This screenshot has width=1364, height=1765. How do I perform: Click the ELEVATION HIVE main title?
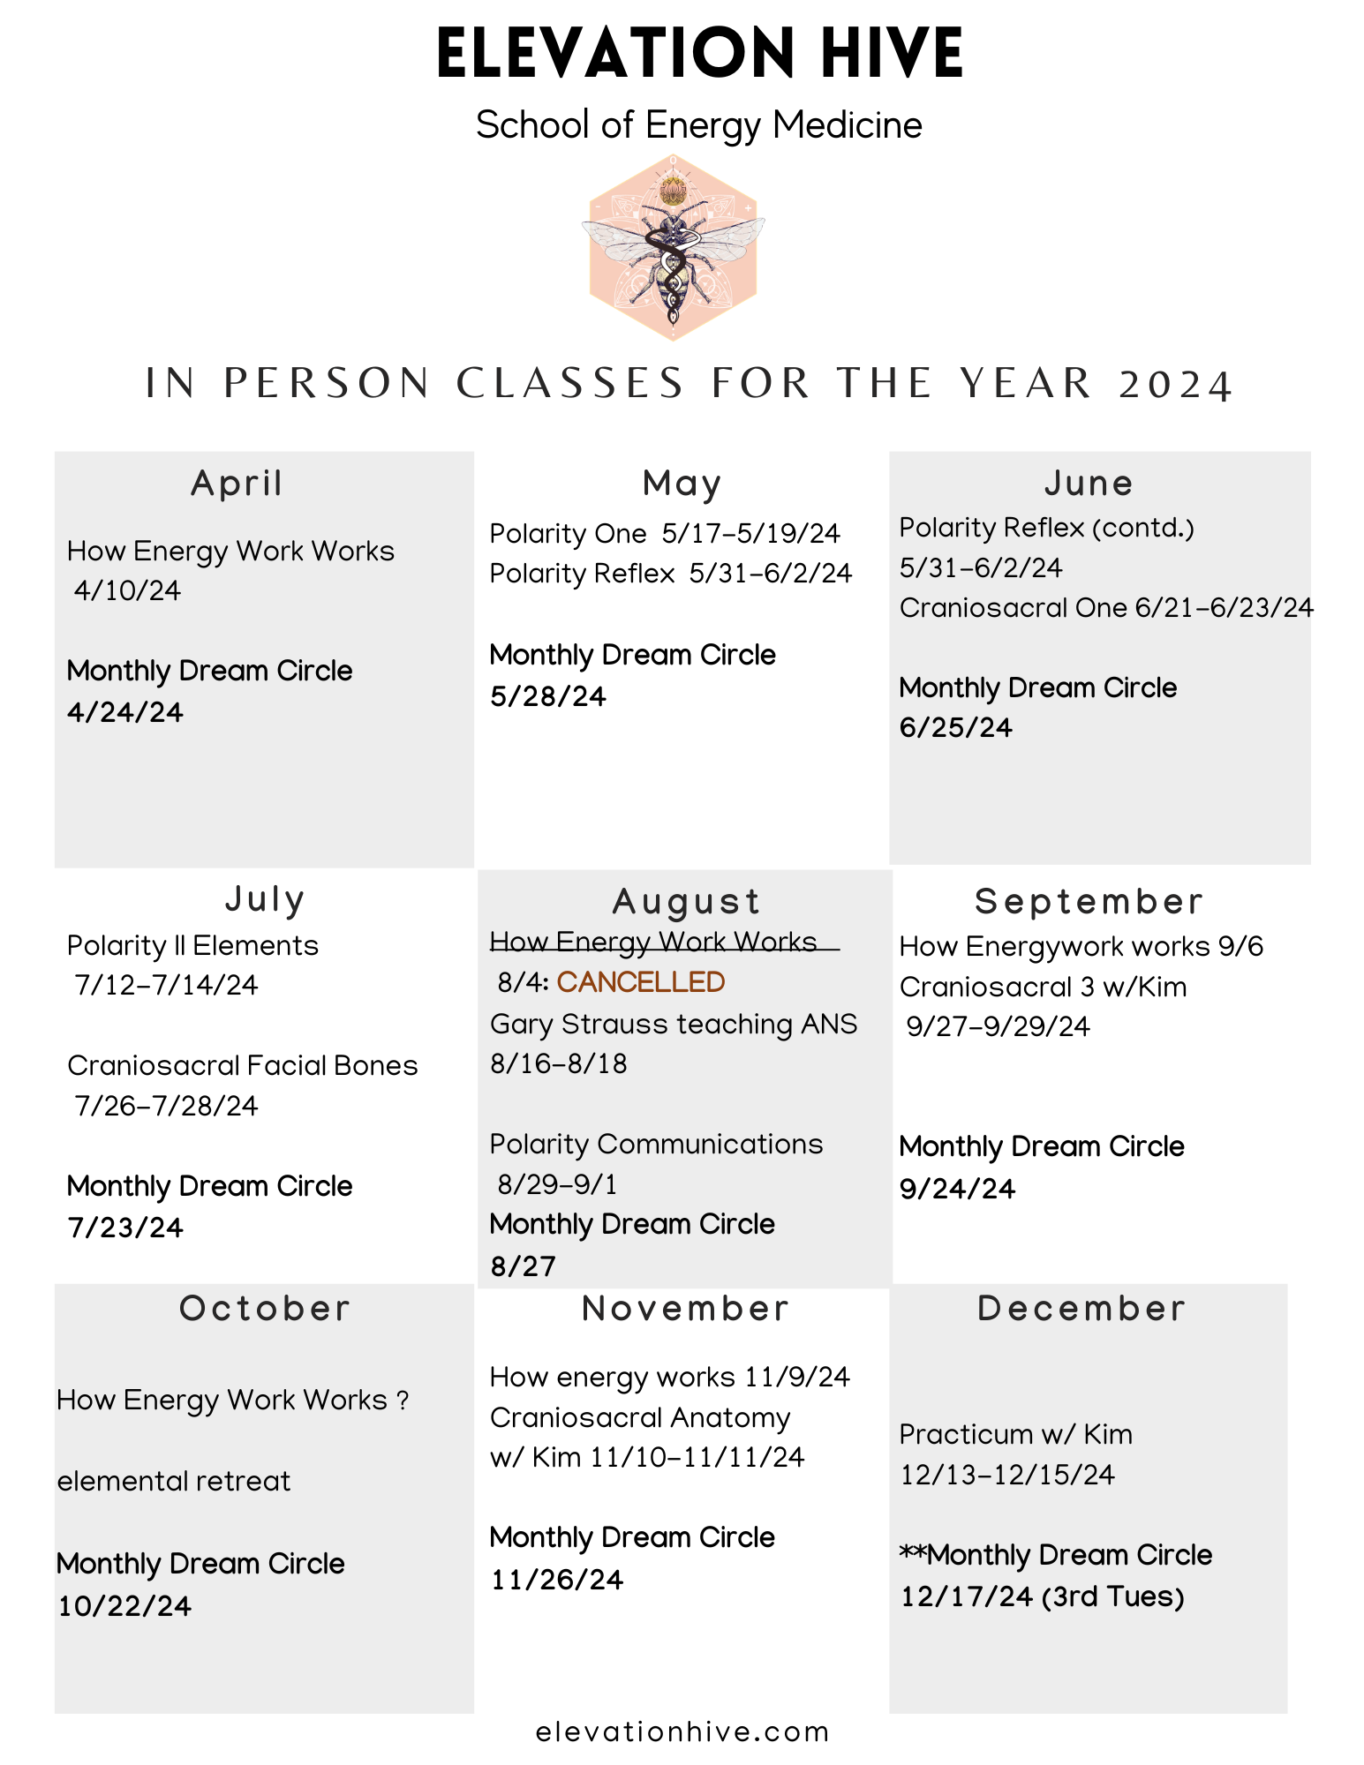(699, 55)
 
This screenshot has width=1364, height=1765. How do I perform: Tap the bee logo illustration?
(673, 247)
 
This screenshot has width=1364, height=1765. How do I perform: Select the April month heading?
(237, 484)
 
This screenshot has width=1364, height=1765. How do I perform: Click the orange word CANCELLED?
(640, 982)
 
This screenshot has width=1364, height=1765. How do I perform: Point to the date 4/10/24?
(128, 590)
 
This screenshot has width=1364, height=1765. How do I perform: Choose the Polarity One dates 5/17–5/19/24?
(750, 534)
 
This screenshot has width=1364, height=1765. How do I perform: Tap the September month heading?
(1089, 902)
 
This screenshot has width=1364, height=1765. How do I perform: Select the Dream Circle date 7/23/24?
(125, 1228)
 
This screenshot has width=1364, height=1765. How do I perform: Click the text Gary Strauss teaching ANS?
(674, 1024)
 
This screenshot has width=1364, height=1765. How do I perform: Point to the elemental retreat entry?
(174, 1481)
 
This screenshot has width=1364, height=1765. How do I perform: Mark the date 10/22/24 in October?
(124, 1606)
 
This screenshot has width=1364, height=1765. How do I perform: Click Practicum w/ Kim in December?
(1015, 1434)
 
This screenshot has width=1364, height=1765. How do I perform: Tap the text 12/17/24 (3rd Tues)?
(1042, 1596)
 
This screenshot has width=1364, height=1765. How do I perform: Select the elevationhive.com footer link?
(682, 1732)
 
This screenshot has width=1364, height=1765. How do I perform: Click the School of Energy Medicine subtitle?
(699, 125)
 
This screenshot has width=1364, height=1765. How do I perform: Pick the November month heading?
(685, 1309)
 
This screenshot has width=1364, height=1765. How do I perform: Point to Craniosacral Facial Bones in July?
(243, 1065)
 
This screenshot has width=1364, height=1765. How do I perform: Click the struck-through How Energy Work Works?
(653, 942)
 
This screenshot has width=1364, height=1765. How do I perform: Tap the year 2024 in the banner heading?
(1174, 385)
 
